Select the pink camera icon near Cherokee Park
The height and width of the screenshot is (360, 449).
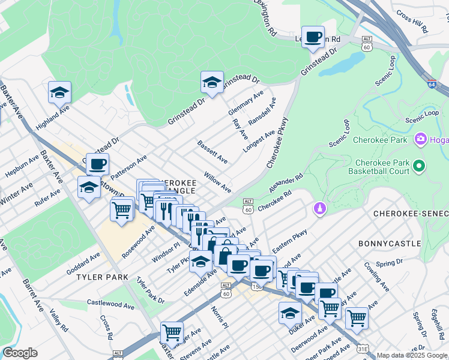point(420,140)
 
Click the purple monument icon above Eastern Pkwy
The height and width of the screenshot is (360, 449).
point(319,208)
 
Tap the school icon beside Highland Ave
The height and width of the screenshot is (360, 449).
point(59,92)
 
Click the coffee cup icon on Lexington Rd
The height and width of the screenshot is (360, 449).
point(313,37)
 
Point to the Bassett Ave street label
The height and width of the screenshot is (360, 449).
point(212,152)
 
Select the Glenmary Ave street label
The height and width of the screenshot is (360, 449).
point(246,103)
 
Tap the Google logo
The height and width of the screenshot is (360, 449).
point(20,353)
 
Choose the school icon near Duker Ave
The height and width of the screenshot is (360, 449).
point(290,313)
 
